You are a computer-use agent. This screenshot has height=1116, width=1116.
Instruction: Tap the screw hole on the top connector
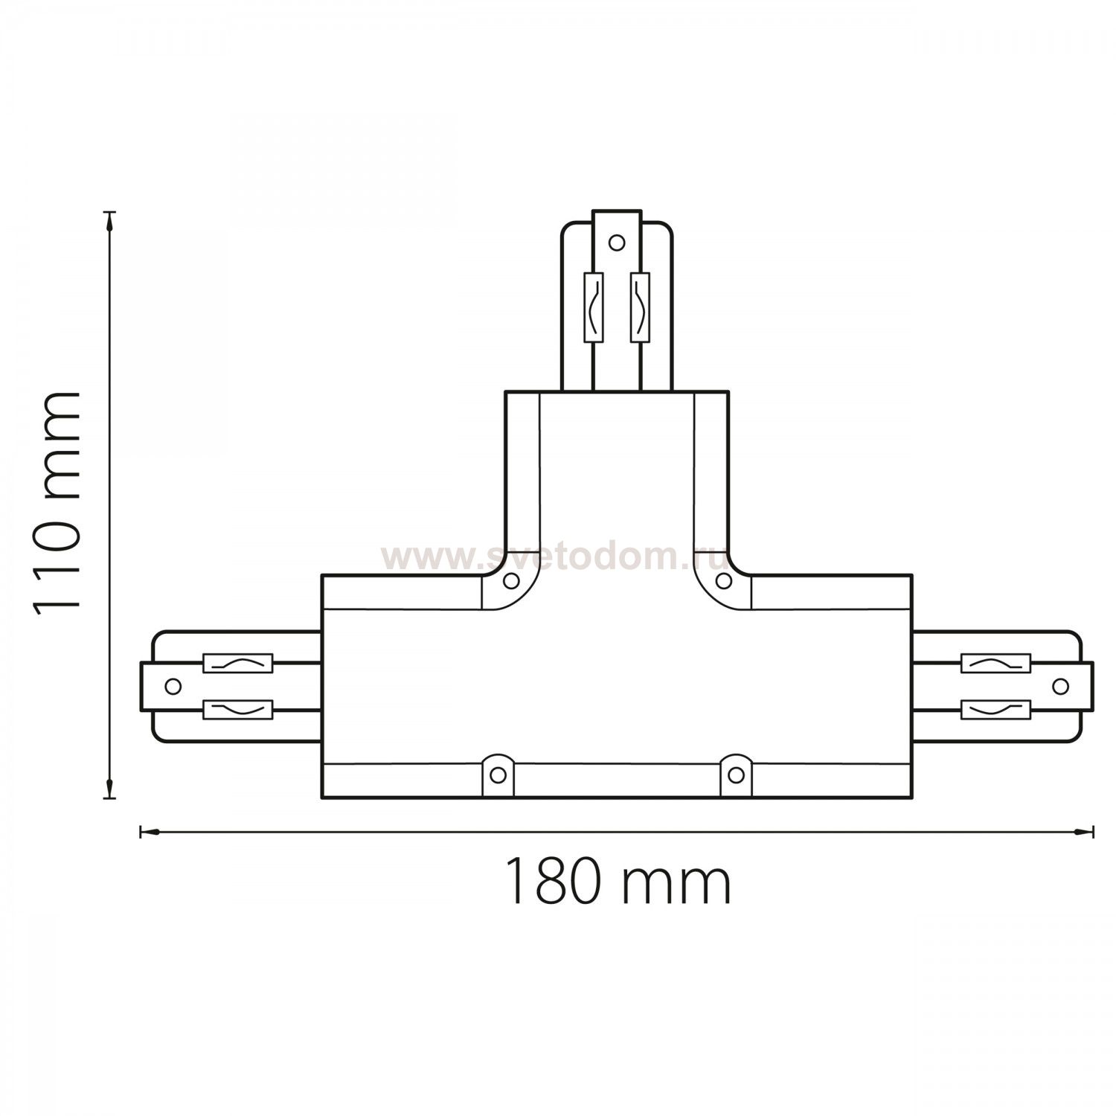pyautogui.click(x=616, y=242)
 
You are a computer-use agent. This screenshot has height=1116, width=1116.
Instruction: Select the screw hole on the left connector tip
pyautogui.click(x=173, y=686)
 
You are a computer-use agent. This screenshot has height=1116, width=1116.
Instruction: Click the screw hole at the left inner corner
pyautogui.click(x=511, y=580)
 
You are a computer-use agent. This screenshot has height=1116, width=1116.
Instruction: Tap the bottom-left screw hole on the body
pyautogui.click(x=498, y=775)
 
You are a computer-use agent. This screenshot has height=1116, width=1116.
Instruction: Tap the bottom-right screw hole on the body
pyautogui.click(x=735, y=775)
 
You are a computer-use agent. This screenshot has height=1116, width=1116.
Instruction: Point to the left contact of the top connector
pyautogui.click(x=593, y=307)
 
